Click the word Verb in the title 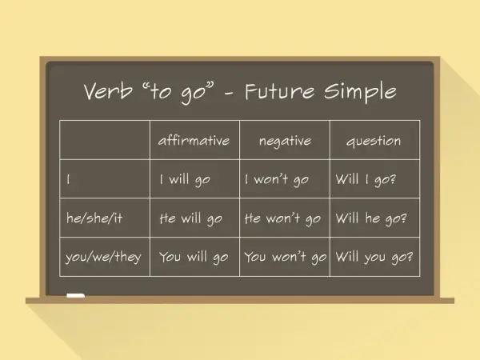pos(108,90)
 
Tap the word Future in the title pos(279,91)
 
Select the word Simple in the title pos(360,92)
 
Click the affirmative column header pos(194,140)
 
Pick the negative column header pos(285,141)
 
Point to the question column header pos(374,142)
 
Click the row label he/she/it pos(94,218)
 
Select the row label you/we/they pos(103,257)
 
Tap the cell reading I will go pos(185,179)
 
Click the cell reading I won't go pos(277,179)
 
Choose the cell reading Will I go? pos(366,179)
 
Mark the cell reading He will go pos(190,218)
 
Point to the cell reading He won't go pos(282,218)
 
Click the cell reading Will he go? pos(371,218)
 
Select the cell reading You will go pos(194,257)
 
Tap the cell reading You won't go pos(286,257)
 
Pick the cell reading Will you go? pos(374,257)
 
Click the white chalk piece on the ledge pos(76,295)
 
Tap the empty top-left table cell pos(105,140)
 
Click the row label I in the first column pos(68,179)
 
